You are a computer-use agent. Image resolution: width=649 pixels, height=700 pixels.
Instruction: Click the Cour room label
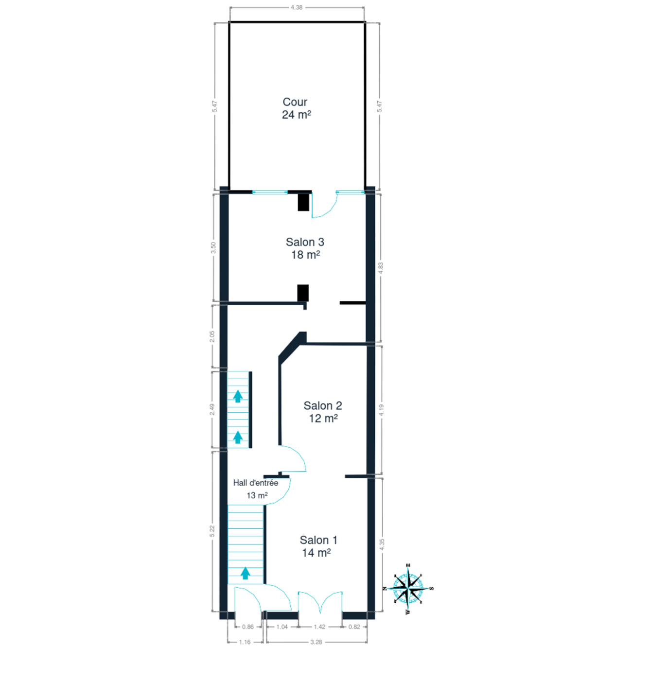tap(295, 102)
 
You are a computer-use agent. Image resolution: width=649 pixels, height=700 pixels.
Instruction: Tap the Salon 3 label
tap(305, 242)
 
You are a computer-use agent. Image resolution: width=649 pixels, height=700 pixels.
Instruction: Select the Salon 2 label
tap(323, 406)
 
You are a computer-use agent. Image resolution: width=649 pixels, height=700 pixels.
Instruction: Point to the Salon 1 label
tap(318, 540)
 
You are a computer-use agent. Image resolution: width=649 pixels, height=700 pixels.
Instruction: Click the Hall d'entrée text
tap(256, 483)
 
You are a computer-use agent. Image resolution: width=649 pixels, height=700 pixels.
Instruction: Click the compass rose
tap(408, 588)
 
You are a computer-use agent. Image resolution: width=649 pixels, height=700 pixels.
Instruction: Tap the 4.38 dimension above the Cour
tap(297, 7)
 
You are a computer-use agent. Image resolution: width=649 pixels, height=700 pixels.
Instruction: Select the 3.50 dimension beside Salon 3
tap(213, 247)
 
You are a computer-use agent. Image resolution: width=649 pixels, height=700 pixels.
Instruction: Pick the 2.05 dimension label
tap(212, 336)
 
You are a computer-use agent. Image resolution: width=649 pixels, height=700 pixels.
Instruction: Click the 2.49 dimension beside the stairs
tap(212, 409)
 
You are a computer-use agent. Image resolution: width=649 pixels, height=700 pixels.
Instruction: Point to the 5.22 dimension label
tap(212, 531)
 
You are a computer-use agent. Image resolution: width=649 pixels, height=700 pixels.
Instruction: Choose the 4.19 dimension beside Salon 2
tap(382, 410)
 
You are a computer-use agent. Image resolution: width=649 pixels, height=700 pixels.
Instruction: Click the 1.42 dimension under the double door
tap(319, 627)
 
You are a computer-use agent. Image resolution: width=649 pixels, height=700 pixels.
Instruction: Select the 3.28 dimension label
tap(316, 642)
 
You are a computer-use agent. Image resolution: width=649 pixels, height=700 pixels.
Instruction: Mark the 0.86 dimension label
tap(248, 627)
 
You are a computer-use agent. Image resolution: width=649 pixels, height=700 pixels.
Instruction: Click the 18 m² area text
tap(306, 255)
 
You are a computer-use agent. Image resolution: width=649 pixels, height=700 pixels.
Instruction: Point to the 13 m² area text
tap(257, 495)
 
